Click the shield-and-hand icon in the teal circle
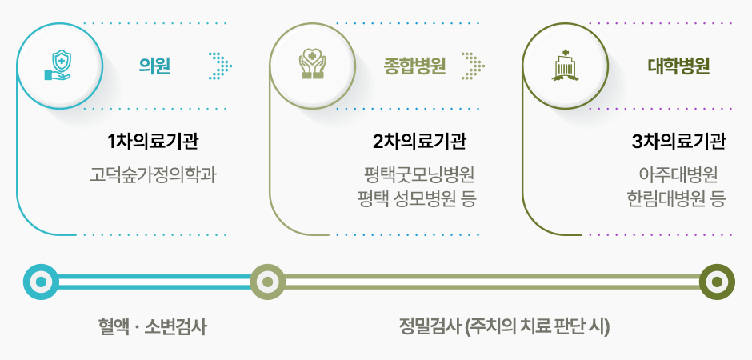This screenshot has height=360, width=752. point(58,65)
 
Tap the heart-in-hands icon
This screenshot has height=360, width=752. point(312,65)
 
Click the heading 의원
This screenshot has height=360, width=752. point(154,66)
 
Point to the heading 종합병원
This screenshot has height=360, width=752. point(414,66)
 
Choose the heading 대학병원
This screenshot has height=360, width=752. point(678,66)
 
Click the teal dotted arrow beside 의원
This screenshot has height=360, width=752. point(221,66)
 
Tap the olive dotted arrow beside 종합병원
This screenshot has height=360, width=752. point(473,66)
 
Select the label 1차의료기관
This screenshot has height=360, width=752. point(153,142)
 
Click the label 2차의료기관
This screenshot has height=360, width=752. point(418,142)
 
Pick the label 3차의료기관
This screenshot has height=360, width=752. point(678,142)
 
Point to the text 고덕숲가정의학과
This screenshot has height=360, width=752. point(153,175)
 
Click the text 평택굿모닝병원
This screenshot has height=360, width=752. point(419,175)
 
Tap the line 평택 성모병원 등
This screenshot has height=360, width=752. point(417,198)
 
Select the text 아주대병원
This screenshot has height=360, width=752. point(678,175)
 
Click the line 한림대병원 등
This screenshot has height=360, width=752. point(676,198)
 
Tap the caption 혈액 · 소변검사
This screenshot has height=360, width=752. point(151,328)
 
